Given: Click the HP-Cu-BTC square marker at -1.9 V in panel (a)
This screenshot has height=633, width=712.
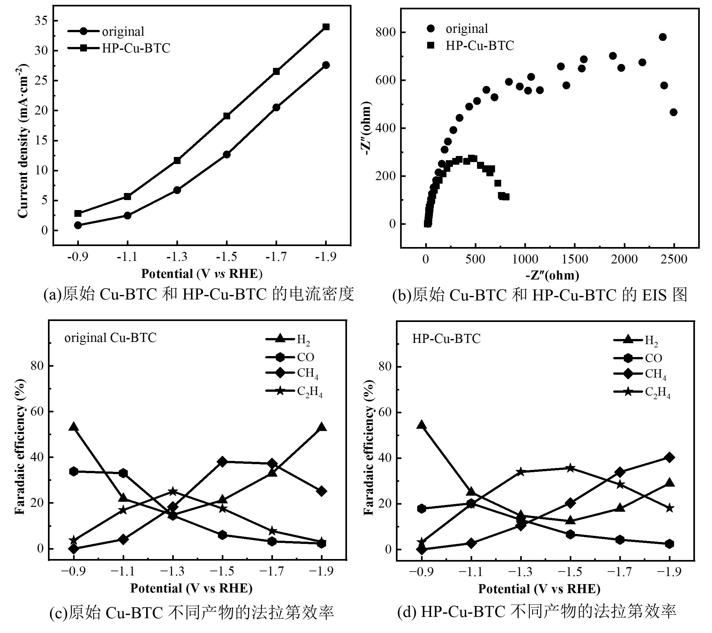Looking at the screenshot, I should click(x=326, y=27).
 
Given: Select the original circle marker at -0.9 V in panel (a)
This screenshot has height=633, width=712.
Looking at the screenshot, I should click(x=78, y=225).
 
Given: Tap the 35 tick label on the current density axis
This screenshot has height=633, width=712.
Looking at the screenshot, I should click(x=42, y=21).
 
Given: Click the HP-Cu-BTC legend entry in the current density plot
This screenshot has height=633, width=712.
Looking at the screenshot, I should click(x=136, y=48).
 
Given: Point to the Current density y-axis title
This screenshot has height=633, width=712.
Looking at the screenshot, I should click(x=23, y=143).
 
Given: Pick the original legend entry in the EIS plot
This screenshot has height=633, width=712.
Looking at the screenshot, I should click(x=467, y=29).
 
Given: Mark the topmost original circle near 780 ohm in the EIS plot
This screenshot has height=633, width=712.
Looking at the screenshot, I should click(x=662, y=37).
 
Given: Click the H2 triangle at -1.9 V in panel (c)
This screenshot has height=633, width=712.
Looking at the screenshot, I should click(x=322, y=427).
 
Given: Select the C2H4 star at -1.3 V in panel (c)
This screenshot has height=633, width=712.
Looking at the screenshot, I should click(x=173, y=492).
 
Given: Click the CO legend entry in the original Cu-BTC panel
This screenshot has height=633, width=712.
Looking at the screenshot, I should click(x=305, y=357).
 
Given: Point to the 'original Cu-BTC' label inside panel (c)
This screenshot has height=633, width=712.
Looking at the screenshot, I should click(x=110, y=337).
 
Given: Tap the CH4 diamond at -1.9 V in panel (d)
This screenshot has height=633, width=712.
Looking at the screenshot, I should click(x=669, y=458).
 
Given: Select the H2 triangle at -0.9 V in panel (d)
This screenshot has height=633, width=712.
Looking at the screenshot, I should click(x=421, y=425).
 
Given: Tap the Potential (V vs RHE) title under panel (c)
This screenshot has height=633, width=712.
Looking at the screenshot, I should click(x=191, y=588).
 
